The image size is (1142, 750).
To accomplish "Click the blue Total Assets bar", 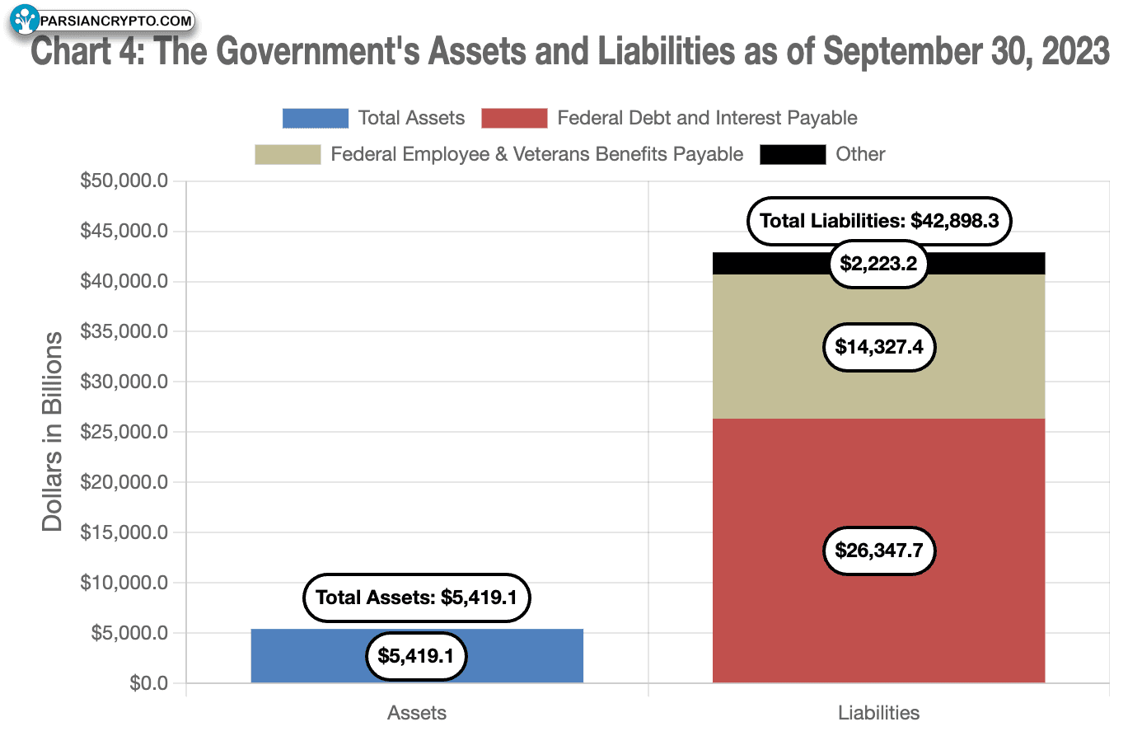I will [305, 656].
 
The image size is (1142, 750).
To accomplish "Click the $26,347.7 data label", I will [878, 551].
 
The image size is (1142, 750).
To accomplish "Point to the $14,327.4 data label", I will [878, 347].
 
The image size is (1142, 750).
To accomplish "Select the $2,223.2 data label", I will [878, 264].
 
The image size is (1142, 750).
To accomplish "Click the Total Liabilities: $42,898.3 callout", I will [878, 221].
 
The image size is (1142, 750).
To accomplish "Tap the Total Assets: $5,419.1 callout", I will [416, 598].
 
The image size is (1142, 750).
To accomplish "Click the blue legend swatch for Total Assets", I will [315, 118].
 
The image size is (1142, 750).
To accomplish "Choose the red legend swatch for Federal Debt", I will [514, 118].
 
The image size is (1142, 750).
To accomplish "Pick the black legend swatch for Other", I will [792, 154].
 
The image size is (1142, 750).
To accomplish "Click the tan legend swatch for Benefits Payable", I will [288, 154].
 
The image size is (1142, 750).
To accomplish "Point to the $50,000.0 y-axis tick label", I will [124, 180].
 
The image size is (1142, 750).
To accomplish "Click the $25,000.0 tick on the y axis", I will [124, 432].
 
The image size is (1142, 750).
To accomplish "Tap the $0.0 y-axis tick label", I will [148, 683].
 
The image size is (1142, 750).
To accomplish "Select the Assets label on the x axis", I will [417, 713].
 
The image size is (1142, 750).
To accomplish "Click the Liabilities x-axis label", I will [878, 713].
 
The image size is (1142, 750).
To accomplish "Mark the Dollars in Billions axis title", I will [53, 432].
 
